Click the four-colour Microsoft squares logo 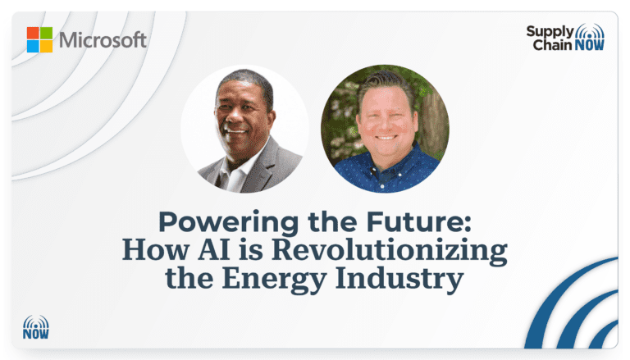[x=39, y=40]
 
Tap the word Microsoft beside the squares [x=103, y=40]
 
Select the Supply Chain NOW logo [x=565, y=38]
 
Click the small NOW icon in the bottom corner [x=36, y=327]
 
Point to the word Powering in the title [x=229, y=222]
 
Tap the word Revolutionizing [x=390, y=251]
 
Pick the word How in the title [x=156, y=249]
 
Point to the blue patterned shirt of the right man [x=386, y=171]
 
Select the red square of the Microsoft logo [x=33, y=33]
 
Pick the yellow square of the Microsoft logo [x=47, y=47]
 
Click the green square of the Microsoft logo [x=47, y=33]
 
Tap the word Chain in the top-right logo [x=552, y=44]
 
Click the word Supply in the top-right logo [x=550, y=32]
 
